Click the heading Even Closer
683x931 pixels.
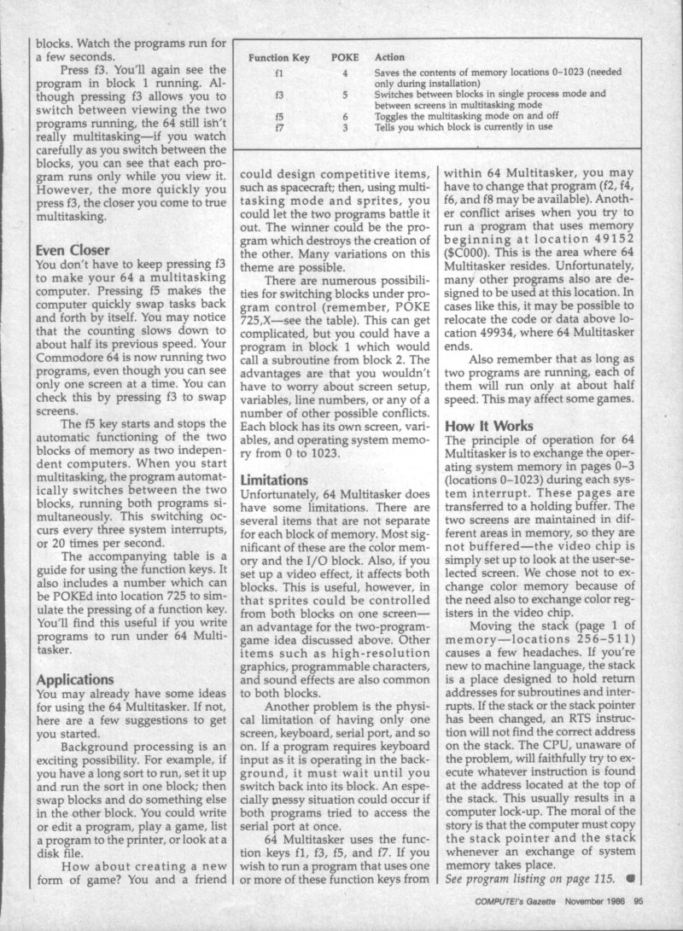point(73,251)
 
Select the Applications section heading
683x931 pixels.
point(76,680)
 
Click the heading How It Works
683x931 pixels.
point(489,425)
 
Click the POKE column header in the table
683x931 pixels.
point(344,57)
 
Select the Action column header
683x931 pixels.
point(390,57)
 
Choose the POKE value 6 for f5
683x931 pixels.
point(344,118)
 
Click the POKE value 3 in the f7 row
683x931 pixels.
point(344,128)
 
